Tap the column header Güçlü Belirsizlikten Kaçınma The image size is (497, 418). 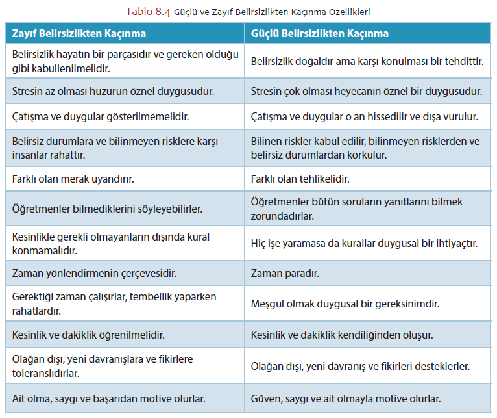point(320,33)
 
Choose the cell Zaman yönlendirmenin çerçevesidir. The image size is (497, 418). point(95,274)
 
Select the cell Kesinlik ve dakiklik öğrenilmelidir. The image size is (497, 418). point(88,335)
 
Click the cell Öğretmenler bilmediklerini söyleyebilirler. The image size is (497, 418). point(108,209)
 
